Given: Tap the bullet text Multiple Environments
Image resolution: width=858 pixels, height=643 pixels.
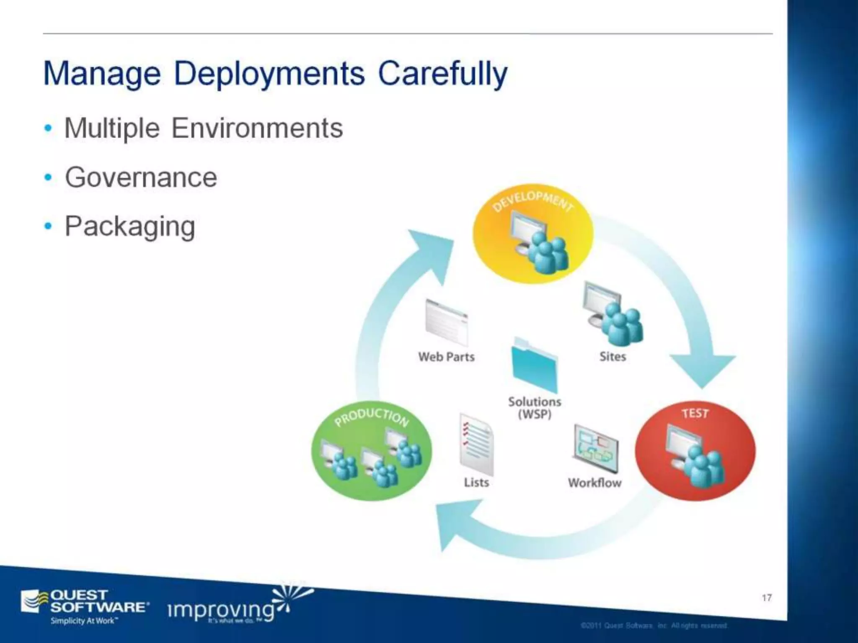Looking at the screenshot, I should tap(203, 128).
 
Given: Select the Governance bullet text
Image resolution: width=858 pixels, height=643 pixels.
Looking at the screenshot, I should tap(141, 177).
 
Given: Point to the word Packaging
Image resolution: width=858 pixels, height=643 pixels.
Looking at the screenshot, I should tap(130, 226).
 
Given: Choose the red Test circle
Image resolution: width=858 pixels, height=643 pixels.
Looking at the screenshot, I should tap(695, 450).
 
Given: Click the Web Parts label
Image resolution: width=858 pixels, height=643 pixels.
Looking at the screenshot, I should tap(446, 357).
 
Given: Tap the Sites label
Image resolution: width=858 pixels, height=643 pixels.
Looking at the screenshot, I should tap(612, 357).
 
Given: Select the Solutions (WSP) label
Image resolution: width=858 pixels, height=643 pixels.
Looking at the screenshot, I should tap(534, 407).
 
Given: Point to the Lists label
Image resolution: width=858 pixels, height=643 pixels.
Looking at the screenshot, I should tap(476, 482).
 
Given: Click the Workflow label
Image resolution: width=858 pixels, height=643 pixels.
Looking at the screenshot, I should tap(594, 483).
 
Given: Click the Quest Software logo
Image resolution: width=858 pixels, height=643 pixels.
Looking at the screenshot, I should tap(84, 606).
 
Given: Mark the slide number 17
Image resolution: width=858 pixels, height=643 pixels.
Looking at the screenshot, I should tap(767, 597).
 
